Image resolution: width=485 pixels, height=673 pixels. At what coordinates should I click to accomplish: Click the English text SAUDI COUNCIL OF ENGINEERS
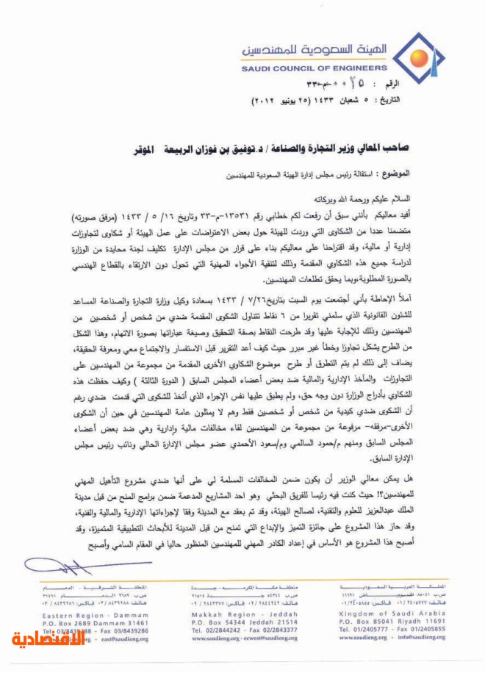tap(308, 68)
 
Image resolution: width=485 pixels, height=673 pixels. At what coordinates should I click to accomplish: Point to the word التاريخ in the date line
tap(390, 98)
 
